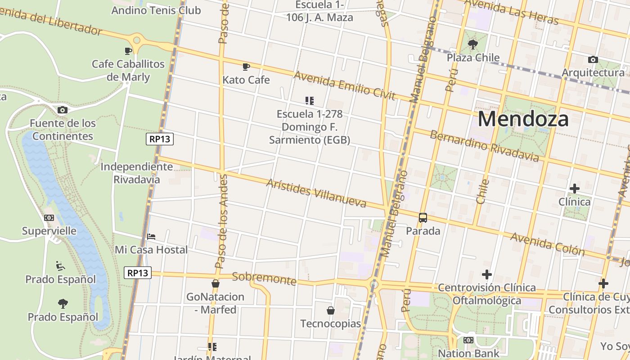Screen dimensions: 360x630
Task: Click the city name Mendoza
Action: (x=523, y=119)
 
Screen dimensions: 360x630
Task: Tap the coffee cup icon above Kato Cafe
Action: (x=246, y=67)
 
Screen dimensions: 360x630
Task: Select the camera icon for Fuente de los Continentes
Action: (x=63, y=110)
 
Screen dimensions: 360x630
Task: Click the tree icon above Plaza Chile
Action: (x=472, y=44)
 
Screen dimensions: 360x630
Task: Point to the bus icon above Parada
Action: (x=423, y=218)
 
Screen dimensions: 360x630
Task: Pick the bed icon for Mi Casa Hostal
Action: (x=151, y=236)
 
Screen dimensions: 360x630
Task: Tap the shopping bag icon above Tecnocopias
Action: (x=331, y=310)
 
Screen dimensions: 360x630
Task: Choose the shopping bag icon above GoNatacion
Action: (x=216, y=283)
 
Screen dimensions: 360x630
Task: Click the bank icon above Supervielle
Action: (x=49, y=218)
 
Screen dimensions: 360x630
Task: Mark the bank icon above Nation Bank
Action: (x=468, y=340)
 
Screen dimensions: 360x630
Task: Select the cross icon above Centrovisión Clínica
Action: (x=486, y=274)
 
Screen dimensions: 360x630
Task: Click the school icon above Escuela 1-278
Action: (x=309, y=100)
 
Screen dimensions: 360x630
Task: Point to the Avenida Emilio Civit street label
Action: (x=344, y=85)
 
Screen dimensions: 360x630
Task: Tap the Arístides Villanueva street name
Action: (x=316, y=193)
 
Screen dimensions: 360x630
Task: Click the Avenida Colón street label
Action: (x=547, y=244)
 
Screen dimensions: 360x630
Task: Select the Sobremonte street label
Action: (x=264, y=279)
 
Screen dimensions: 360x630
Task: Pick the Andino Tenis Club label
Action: (x=156, y=10)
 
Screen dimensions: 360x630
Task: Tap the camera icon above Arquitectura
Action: (x=593, y=59)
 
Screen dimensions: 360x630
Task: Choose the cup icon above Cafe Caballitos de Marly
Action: (x=128, y=51)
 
